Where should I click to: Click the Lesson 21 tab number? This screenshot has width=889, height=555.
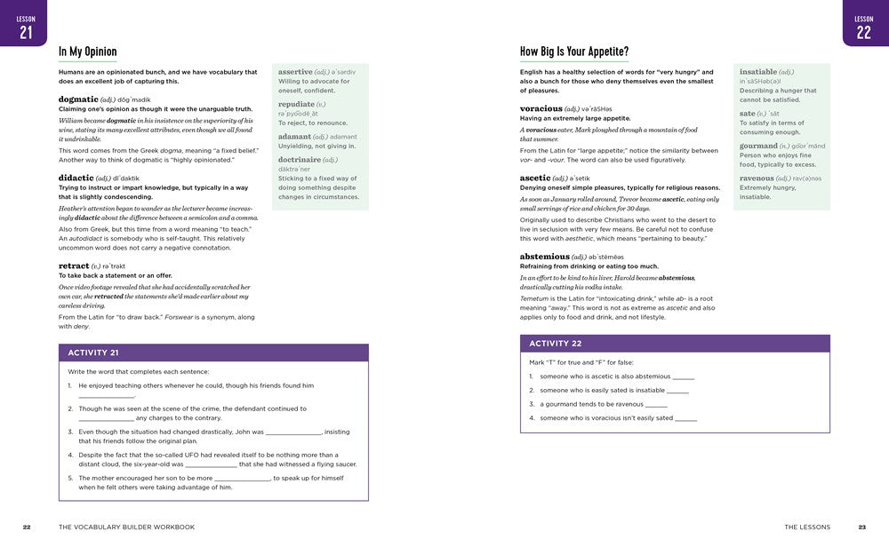[26, 32]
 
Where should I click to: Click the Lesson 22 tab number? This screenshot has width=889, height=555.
[863, 32]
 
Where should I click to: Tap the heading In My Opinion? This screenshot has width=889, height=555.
[88, 52]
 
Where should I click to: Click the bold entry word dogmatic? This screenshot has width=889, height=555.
[78, 99]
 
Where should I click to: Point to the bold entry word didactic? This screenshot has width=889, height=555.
[76, 178]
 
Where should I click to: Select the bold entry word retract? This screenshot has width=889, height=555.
[74, 266]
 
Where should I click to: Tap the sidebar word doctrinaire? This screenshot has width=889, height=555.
[300, 159]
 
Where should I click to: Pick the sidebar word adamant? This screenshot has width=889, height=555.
[294, 136]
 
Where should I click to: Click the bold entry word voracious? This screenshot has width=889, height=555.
[541, 108]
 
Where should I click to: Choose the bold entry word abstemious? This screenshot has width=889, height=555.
[545, 256]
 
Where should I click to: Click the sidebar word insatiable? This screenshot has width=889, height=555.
[758, 71]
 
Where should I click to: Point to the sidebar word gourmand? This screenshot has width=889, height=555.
[758, 146]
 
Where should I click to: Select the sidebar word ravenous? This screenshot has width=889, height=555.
[757, 178]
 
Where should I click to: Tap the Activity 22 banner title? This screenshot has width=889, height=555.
[556, 344]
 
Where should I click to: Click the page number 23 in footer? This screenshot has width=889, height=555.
[861, 527]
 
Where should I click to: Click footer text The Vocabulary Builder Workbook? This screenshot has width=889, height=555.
[126, 527]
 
